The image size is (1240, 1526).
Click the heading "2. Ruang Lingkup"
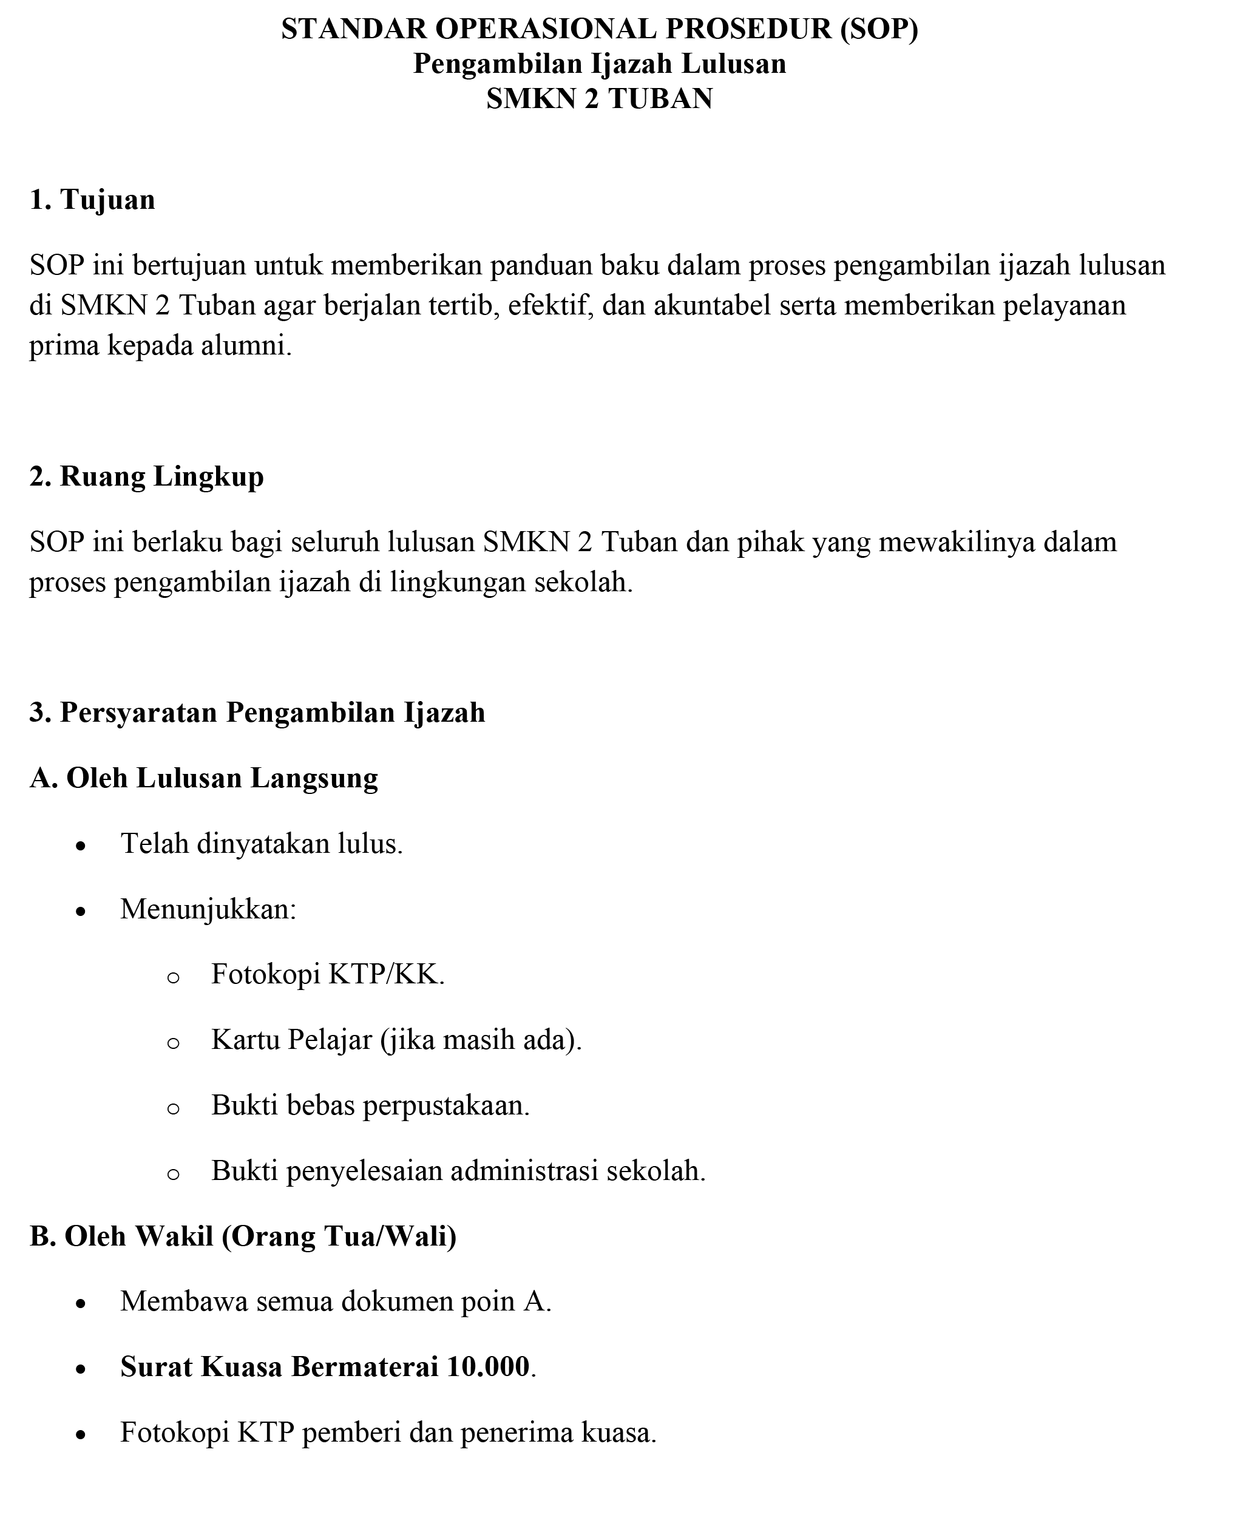pyautogui.click(x=146, y=476)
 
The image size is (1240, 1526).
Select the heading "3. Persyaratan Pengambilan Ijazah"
pyautogui.click(x=257, y=712)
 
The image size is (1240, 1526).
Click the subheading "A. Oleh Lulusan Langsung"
pyautogui.click(x=203, y=778)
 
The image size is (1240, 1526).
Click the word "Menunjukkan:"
pyautogui.click(x=208, y=909)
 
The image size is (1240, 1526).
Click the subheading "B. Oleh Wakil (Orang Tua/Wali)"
pyautogui.click(x=243, y=1236)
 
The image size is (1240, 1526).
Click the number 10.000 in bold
pyautogui.click(x=488, y=1367)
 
